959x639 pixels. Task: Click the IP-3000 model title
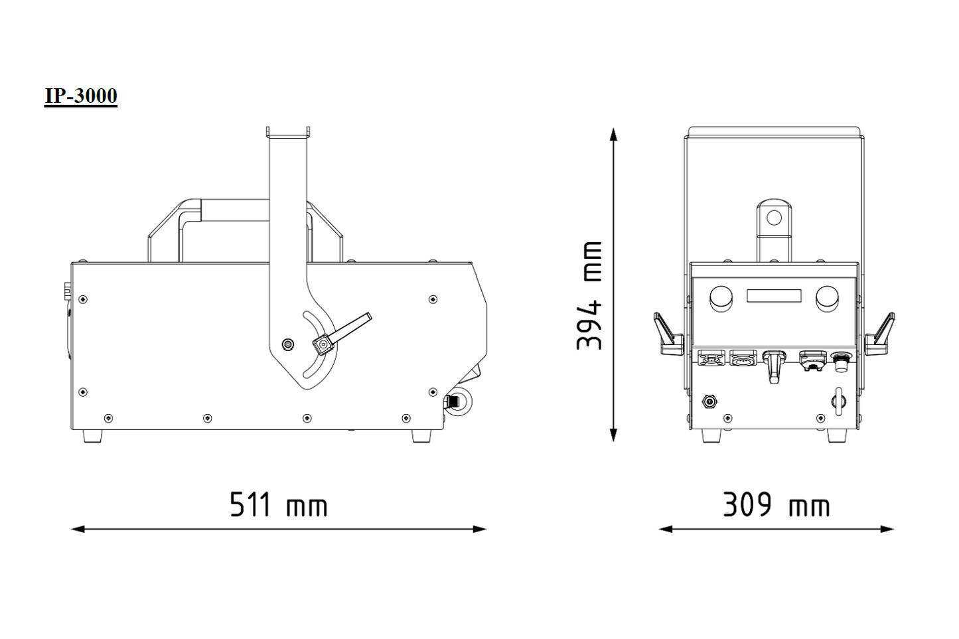click(x=81, y=96)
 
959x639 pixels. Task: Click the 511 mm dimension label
click(x=278, y=505)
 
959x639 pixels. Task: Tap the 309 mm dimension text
click(x=776, y=505)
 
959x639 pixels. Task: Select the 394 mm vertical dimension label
click(x=589, y=295)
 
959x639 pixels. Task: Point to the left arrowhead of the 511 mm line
click(x=78, y=530)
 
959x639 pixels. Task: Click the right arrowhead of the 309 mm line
click(x=887, y=530)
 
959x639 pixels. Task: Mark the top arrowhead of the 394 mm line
click(x=613, y=135)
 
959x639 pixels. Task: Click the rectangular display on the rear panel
click(x=774, y=296)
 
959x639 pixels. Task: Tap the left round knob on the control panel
click(x=721, y=299)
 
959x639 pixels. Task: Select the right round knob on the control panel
click(x=827, y=299)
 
